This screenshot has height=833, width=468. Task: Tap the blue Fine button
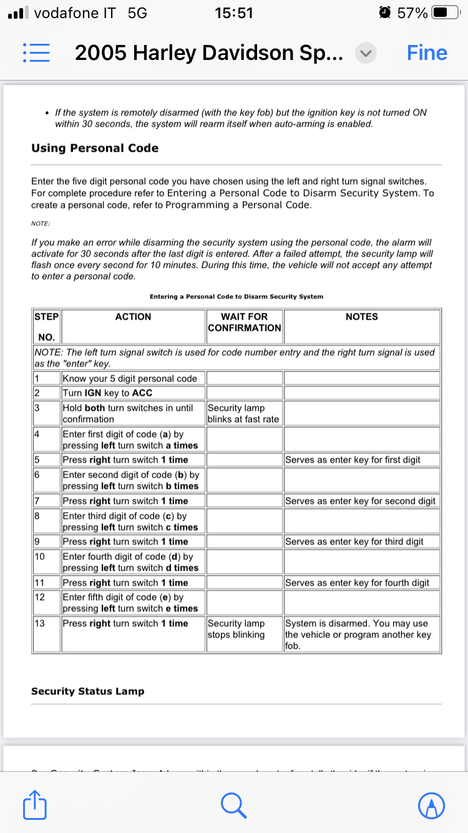point(427,53)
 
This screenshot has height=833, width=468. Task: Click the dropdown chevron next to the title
point(365,53)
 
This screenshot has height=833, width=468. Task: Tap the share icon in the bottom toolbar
point(35,805)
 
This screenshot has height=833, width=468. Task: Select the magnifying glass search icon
point(234,805)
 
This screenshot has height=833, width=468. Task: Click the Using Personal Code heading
point(95,148)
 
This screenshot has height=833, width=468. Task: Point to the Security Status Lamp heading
point(87,691)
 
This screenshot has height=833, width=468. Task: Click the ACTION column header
point(133,317)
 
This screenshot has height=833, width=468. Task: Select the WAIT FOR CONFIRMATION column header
point(245,322)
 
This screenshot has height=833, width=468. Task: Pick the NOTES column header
point(361,317)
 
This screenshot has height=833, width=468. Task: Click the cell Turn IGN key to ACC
point(107,393)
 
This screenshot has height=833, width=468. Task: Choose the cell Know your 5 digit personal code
point(130,378)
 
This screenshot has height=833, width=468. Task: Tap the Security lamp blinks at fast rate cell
point(243,413)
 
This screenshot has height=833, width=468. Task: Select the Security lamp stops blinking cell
point(236,629)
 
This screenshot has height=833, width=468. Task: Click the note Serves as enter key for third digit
point(353,541)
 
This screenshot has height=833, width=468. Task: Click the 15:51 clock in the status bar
point(233,12)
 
